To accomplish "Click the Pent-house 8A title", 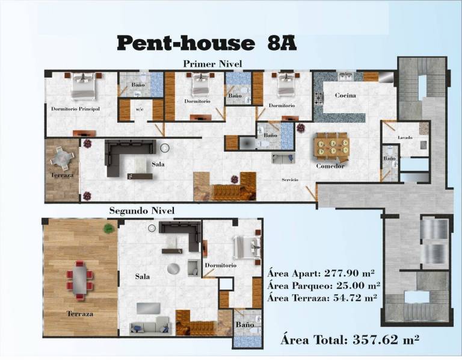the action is (206, 43).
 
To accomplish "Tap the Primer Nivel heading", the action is (212, 64).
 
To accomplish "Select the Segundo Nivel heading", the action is (142, 211).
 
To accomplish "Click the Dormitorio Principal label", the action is (75, 109).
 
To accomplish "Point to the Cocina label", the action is (345, 95).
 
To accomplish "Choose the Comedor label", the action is (330, 166).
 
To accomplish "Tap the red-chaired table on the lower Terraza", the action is (79, 280).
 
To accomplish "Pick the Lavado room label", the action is (405, 137).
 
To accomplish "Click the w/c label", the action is (140, 109).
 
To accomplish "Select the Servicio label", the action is (290, 179).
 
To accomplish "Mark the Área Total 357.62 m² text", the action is (350, 340).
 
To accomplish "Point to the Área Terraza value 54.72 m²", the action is (355, 298).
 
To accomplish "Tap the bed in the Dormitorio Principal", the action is (84, 87).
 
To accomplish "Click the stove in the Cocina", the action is (318, 99).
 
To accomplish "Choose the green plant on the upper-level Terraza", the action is (109, 228).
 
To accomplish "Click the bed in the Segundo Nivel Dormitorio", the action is (246, 246).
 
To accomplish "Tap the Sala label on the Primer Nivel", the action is (158, 164).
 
